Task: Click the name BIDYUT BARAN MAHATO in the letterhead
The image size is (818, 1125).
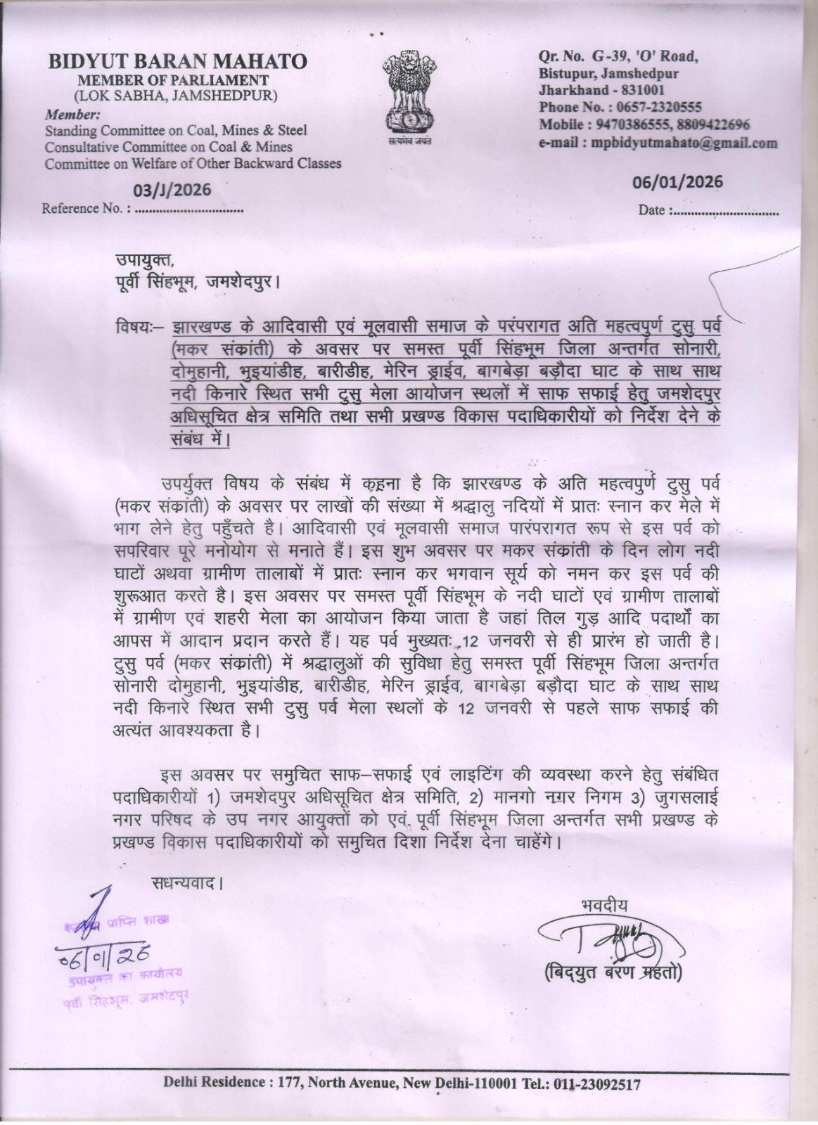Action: [x=177, y=62]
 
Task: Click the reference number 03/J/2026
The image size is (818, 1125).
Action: [x=172, y=190]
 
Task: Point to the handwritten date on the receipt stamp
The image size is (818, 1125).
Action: [x=106, y=954]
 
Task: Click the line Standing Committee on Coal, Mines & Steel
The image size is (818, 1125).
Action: [x=176, y=130]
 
